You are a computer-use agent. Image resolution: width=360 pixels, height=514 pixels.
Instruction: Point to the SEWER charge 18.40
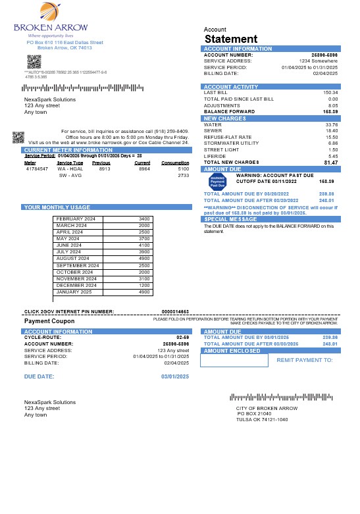pyautogui.click(x=332, y=130)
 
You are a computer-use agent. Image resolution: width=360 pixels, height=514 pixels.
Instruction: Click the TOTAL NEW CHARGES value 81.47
pyautogui.click(x=330, y=162)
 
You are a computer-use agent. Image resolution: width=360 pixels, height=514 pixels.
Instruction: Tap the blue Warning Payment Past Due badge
pyautogui.click(x=217, y=181)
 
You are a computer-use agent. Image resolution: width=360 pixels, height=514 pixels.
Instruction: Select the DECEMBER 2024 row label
pyautogui.click(x=76, y=285)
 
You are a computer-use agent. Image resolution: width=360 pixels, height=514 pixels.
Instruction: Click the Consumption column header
pyautogui.click(x=175, y=162)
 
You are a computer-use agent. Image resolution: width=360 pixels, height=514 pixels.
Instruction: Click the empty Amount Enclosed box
pyautogui.click(x=236, y=361)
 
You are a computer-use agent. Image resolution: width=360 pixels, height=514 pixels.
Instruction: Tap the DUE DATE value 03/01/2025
pyautogui.click(x=175, y=376)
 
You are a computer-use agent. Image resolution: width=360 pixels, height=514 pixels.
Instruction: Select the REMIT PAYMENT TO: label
pyautogui.click(x=305, y=361)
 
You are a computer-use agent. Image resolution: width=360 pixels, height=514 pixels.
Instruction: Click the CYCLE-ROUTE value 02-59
pyautogui.click(x=183, y=338)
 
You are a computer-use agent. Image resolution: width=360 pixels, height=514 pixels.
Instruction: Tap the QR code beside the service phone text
pyautogui.click(x=18, y=137)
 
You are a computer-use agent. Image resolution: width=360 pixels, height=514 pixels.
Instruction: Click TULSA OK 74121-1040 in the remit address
pyautogui.click(x=262, y=419)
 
